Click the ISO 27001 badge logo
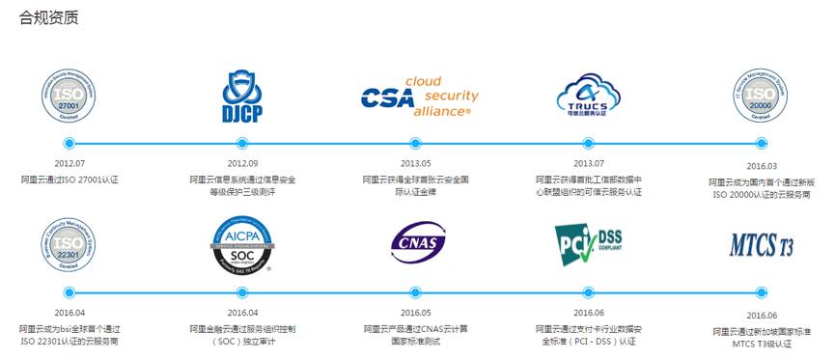pos(69,97)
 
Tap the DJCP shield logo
pos(241,97)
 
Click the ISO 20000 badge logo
pos(763,97)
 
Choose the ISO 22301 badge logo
pos(69,245)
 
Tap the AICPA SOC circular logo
pos(241,246)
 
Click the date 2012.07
pos(69,163)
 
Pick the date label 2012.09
pos(242,163)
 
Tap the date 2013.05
pos(416,163)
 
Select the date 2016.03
pos(763,165)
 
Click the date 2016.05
pos(416,312)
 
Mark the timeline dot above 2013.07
pos(588,144)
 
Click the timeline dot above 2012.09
pos(242,144)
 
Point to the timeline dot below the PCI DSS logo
pos(588,291)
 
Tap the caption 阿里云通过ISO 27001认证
pos(69,180)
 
